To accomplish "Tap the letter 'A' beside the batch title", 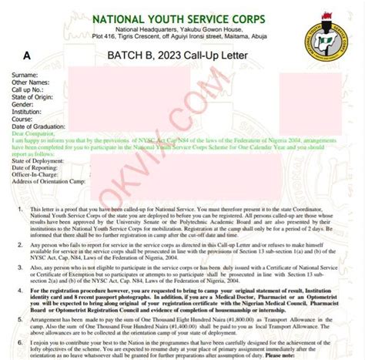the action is (x=28, y=56).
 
